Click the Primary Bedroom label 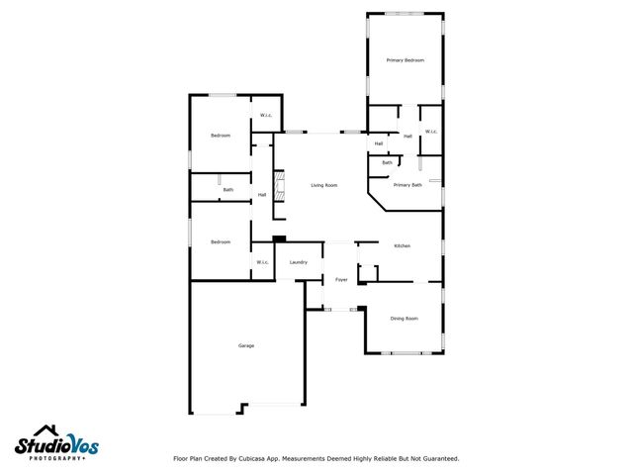tap(405, 60)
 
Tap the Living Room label tap(324, 185)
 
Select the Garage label tap(246, 345)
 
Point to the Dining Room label tap(404, 319)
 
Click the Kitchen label tap(402, 245)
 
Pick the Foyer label tap(340, 280)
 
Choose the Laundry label tap(298, 262)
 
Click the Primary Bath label tap(407, 185)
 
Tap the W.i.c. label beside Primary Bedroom tap(431, 132)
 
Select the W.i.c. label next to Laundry tap(262, 262)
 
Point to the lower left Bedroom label tap(220, 241)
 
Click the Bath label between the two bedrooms tap(227, 189)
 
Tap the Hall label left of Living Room tap(262, 195)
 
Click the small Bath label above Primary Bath tap(387, 162)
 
